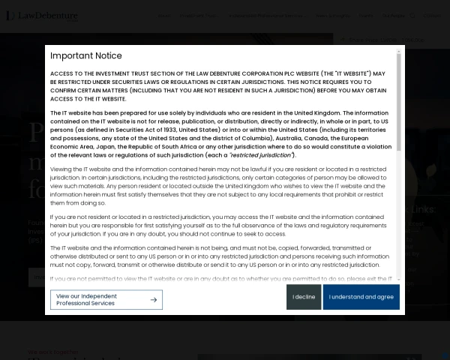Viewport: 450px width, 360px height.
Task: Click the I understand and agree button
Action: (x=361, y=297)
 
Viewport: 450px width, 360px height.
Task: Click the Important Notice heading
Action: (x=85, y=55)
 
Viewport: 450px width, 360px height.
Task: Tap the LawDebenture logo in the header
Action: (x=41, y=15)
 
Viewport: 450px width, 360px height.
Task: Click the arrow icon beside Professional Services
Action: (x=153, y=300)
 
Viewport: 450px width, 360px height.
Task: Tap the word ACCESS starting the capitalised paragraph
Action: (x=63, y=73)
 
